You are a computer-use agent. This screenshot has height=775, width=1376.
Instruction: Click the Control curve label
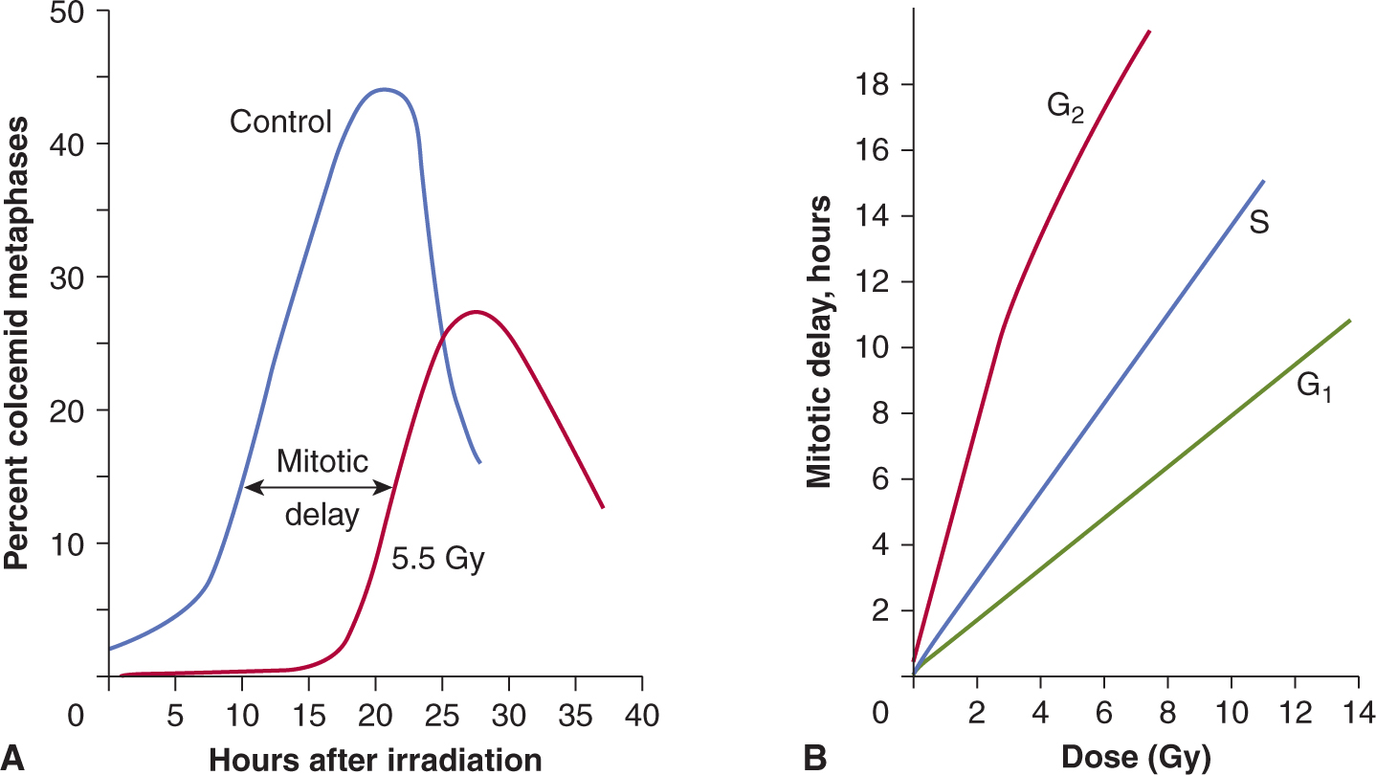click(x=280, y=122)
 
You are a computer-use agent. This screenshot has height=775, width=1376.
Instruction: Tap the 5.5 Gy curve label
click(x=438, y=559)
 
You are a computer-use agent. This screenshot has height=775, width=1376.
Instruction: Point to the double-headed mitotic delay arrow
click(x=319, y=487)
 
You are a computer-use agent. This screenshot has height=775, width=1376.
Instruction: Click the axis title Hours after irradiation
click(x=375, y=759)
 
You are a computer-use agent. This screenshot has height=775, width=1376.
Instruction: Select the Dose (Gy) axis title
click(x=1132, y=759)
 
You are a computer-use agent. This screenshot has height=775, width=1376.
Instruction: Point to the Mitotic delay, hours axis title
click(x=818, y=343)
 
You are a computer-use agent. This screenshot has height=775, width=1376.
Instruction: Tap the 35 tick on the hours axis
click(x=575, y=714)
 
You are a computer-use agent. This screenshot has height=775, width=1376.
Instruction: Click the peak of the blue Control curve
click(x=384, y=89)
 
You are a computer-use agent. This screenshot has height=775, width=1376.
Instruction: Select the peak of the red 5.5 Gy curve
click(x=476, y=311)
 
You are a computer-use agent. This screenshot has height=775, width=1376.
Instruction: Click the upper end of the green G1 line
click(x=1349, y=321)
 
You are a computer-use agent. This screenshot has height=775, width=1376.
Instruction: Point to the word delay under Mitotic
click(x=323, y=516)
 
